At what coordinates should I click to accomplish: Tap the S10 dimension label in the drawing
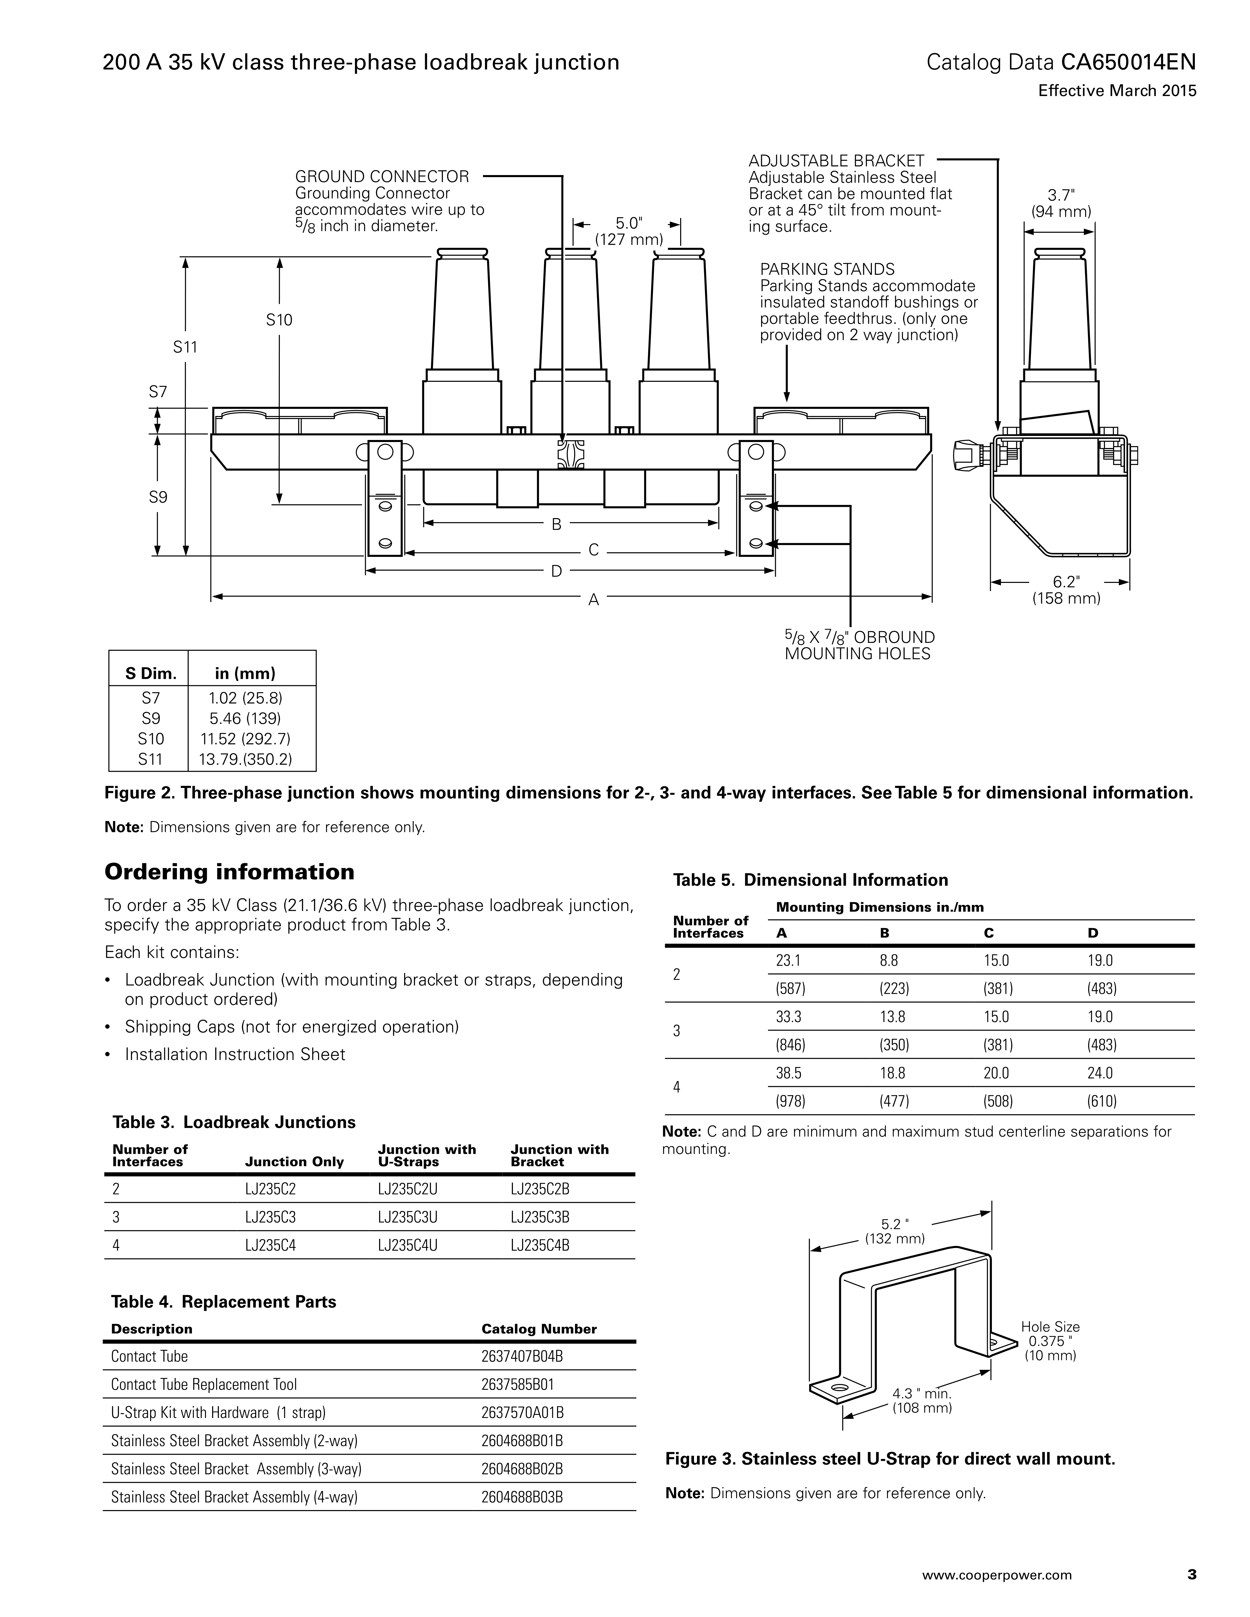point(279,320)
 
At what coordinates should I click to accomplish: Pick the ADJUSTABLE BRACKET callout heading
point(836,161)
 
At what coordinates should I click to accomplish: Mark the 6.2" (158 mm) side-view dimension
point(1066,590)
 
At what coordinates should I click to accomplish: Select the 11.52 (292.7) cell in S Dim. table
point(245,739)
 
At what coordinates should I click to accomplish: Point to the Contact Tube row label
point(150,1356)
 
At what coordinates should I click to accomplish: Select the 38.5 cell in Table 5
point(789,1073)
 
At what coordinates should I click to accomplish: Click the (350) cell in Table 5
point(894,1045)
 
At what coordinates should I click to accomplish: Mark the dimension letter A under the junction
point(593,601)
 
